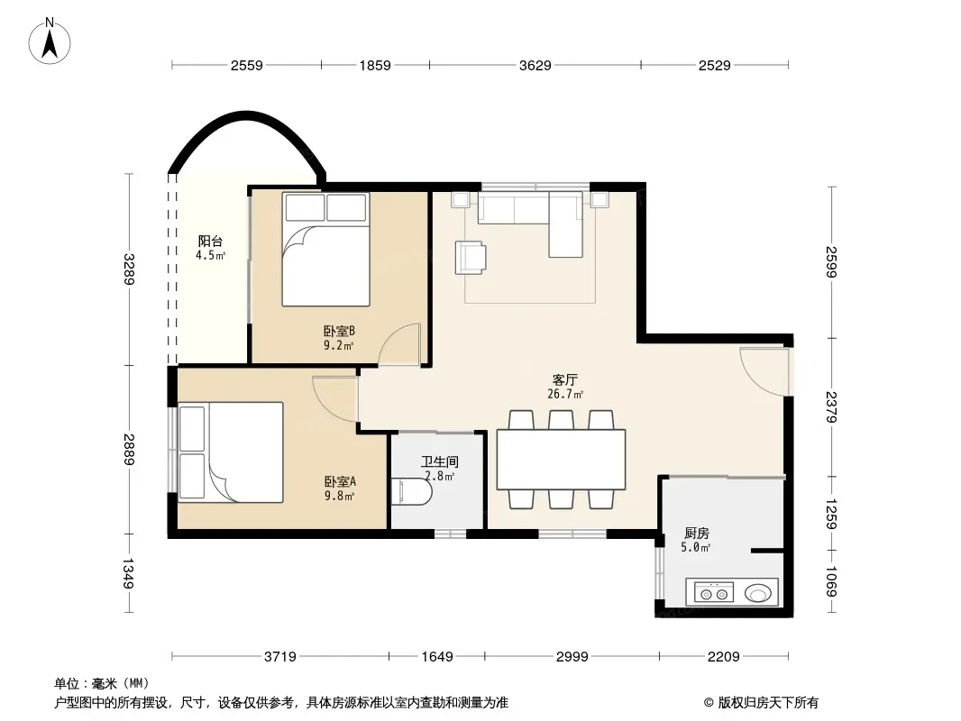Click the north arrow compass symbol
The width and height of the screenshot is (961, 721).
click(x=50, y=41)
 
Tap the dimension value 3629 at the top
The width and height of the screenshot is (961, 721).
click(x=535, y=66)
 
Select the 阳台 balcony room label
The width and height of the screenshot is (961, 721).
click(x=210, y=242)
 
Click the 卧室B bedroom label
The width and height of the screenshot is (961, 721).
click(x=339, y=332)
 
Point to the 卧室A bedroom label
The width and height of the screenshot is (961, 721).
click(x=340, y=482)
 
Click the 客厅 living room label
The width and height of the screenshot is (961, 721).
click(x=565, y=379)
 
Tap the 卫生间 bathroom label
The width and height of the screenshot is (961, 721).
click(x=439, y=461)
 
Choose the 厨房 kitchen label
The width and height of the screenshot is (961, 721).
click(x=697, y=534)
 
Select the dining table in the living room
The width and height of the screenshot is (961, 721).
click(x=561, y=460)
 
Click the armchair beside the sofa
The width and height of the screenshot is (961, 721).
click(x=471, y=257)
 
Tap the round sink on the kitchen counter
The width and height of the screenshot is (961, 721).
click(x=759, y=593)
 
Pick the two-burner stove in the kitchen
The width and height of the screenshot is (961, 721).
click(x=714, y=592)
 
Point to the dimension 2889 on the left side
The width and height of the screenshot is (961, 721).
click(x=128, y=449)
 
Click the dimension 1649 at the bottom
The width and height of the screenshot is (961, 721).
click(x=437, y=657)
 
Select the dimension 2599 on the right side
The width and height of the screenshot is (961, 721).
click(x=831, y=261)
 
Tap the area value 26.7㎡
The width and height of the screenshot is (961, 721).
click(x=565, y=394)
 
